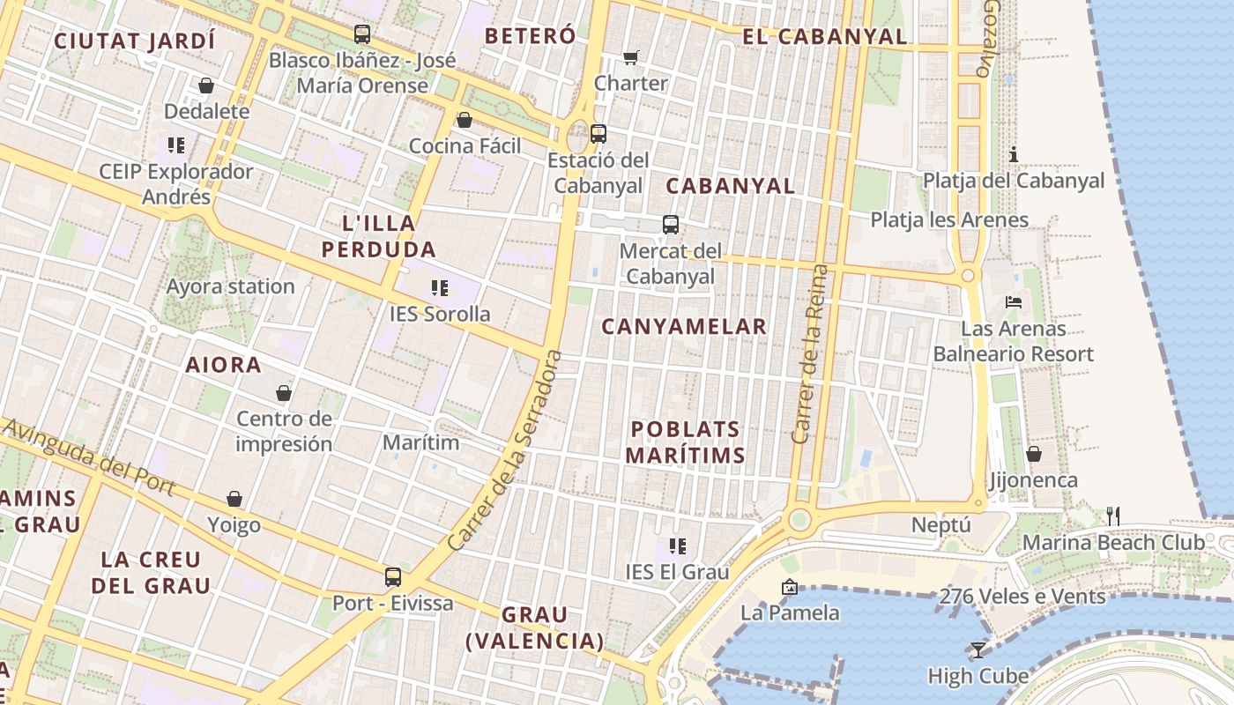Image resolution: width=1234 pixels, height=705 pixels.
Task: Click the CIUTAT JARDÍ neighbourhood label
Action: pyautogui.click(x=135, y=41)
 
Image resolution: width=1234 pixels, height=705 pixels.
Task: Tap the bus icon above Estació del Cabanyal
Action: pyautogui.click(x=598, y=134)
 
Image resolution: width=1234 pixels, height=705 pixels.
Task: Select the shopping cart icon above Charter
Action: pyautogui.click(x=631, y=57)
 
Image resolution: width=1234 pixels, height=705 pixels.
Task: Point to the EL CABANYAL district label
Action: pyautogui.click(x=824, y=36)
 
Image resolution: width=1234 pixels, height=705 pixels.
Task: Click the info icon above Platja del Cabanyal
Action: pyautogui.click(x=1014, y=155)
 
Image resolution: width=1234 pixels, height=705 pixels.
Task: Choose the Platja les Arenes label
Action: pyautogui.click(x=949, y=219)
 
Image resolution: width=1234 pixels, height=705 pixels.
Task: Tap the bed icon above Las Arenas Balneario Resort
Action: pyautogui.click(x=1014, y=302)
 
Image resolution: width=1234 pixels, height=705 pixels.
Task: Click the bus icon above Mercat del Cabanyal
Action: pyautogui.click(x=671, y=225)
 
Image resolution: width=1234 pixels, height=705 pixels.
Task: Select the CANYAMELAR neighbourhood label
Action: pyautogui.click(x=684, y=327)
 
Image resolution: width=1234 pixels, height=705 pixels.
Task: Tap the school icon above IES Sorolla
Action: pyautogui.click(x=440, y=288)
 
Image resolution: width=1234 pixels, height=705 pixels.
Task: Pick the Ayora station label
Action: pyautogui.click(x=231, y=286)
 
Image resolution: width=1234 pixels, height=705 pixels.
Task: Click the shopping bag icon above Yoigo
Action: pyautogui.click(x=234, y=500)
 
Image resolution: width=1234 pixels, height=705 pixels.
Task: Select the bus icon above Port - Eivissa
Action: pyautogui.click(x=393, y=577)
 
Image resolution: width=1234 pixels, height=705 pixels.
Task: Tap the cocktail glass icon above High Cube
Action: pyautogui.click(x=978, y=650)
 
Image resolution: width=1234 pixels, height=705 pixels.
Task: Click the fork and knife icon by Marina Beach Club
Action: pyautogui.click(x=1113, y=516)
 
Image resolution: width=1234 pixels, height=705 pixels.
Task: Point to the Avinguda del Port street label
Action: pyautogui.click(x=89, y=457)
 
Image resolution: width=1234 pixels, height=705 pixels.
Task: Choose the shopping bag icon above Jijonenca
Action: pyautogui.click(x=1033, y=454)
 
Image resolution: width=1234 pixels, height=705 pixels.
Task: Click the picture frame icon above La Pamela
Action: pyautogui.click(x=790, y=586)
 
